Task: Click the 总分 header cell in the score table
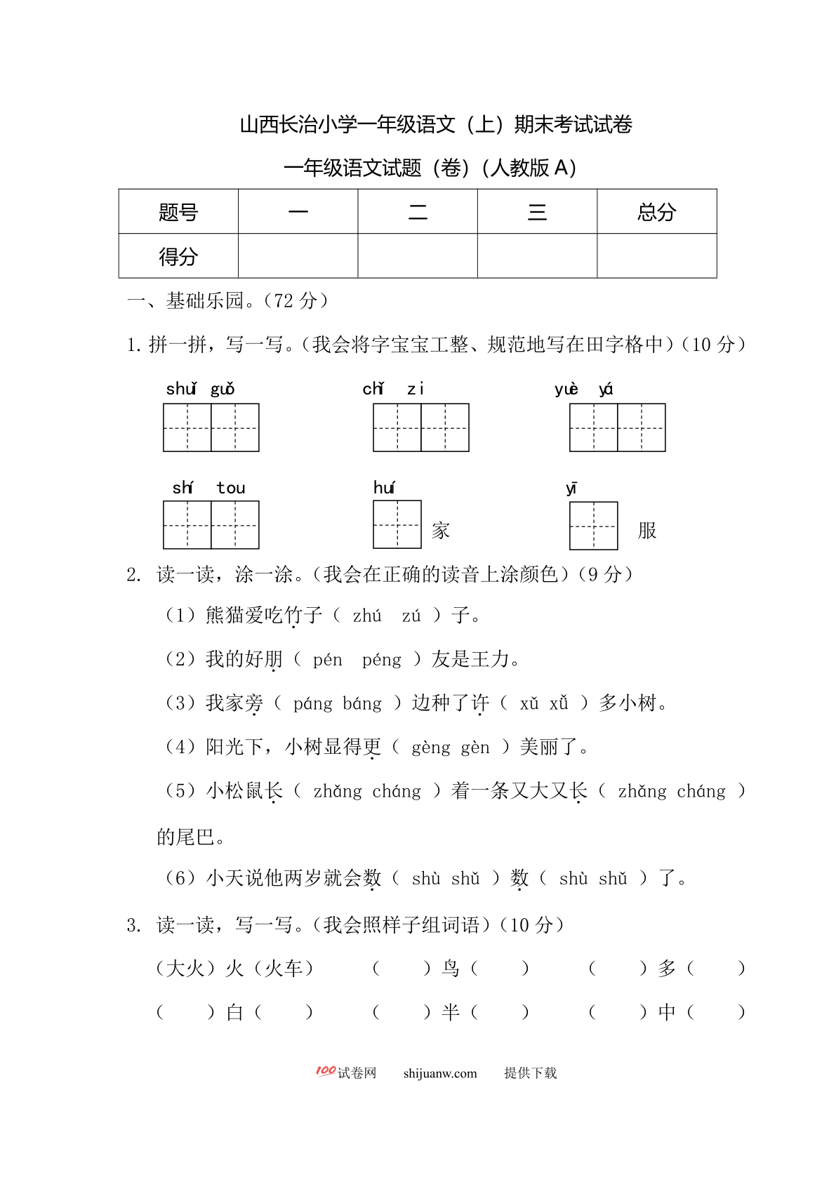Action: [x=656, y=212]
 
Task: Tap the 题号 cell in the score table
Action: [x=178, y=212]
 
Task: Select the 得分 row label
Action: [x=178, y=256]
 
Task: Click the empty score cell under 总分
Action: [x=656, y=256]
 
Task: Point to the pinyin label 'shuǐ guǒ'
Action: [x=200, y=389]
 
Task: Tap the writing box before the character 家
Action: [x=397, y=524]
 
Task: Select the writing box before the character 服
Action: [x=594, y=525]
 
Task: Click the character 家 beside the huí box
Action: [x=441, y=531]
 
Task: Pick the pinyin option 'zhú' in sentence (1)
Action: [x=367, y=616]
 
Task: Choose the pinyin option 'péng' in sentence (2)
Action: [x=382, y=660]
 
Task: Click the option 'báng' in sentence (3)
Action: [x=362, y=703]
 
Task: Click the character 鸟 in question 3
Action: [x=451, y=969]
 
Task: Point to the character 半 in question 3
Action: [x=451, y=1012]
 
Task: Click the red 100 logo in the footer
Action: [x=325, y=1071]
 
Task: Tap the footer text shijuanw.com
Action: [x=440, y=1073]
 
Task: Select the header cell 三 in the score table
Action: [x=537, y=212]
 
